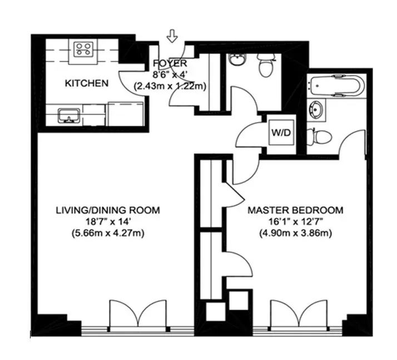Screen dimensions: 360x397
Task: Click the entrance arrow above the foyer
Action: [x=172, y=37]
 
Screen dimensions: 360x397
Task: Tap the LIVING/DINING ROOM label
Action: [x=107, y=211]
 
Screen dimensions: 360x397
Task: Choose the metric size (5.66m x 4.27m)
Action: [x=107, y=233]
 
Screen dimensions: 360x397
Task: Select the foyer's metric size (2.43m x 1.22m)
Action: [x=170, y=86]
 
